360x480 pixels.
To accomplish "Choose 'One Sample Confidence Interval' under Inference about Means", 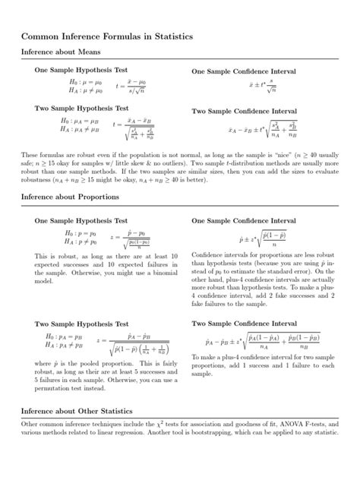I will click(244, 71).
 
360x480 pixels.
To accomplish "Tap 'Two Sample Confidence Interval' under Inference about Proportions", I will click(244, 323).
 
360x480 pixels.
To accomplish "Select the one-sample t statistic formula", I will click(137, 86).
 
